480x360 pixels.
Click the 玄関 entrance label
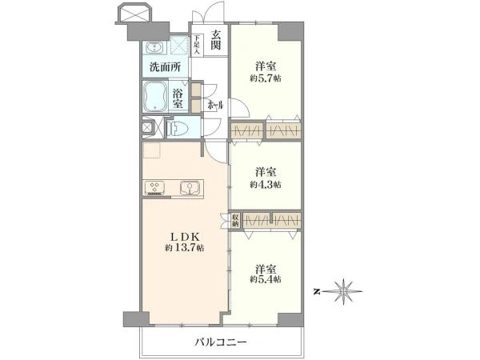pos(215,39)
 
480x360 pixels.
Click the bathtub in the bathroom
pos(155,100)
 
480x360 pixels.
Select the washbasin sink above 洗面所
pos(154,46)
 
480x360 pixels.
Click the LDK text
pos(185,236)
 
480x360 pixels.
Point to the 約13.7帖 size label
pos(185,249)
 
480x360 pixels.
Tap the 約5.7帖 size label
pos(265,78)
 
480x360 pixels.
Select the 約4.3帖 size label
pos(265,184)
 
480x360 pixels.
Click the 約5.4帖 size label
pos(265,280)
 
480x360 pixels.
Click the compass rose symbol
pos(344,290)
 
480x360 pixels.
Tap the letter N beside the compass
pos(318,290)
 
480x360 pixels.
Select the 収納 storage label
pos(236,220)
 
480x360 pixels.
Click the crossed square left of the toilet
pos(148,127)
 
